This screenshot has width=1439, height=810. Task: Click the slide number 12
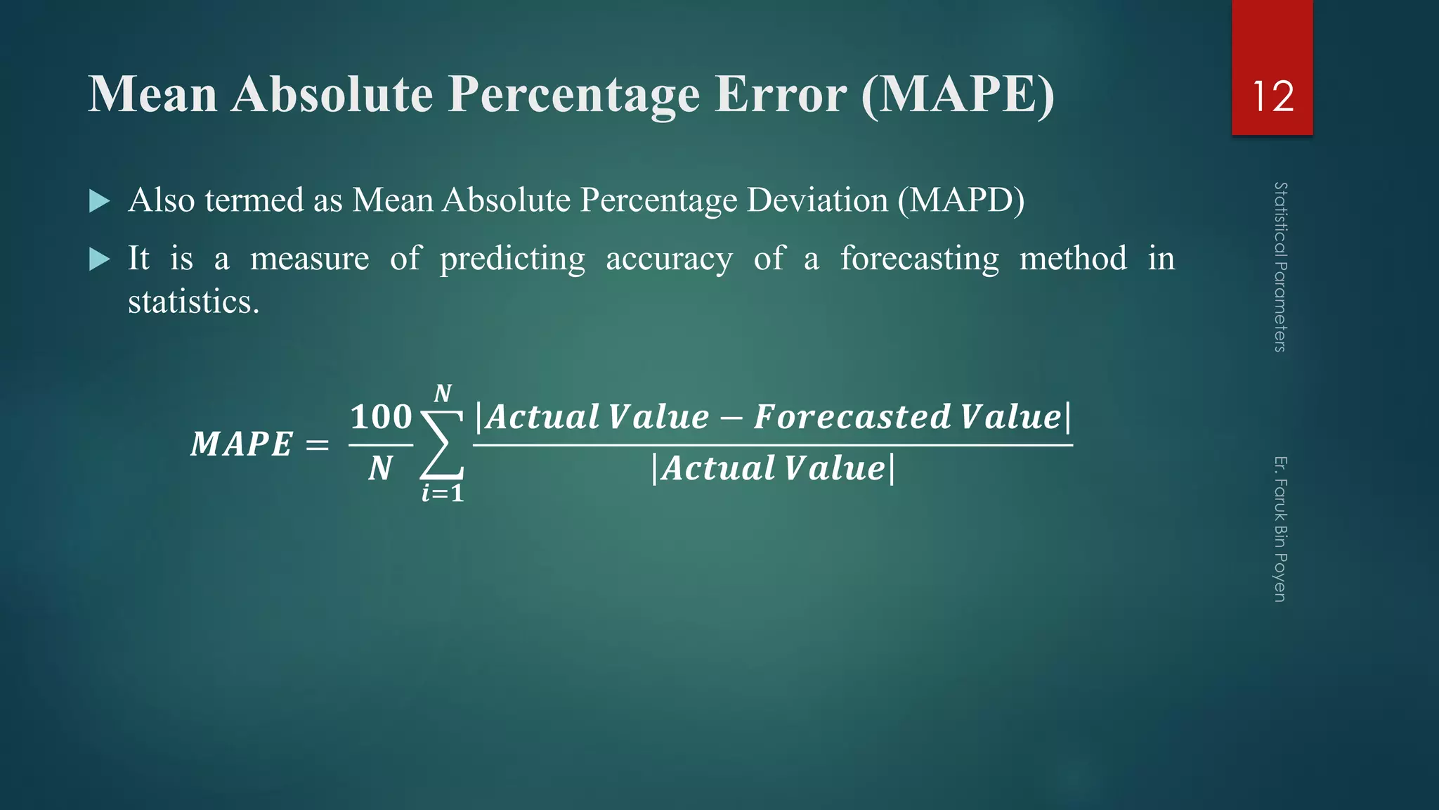(x=1272, y=96)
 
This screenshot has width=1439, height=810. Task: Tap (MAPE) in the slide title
(x=958, y=95)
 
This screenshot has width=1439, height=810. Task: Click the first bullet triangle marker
(x=100, y=202)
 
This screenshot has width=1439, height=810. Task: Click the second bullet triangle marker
(x=100, y=260)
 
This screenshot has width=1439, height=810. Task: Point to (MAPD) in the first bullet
(x=961, y=200)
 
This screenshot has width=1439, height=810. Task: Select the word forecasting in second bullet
(x=919, y=259)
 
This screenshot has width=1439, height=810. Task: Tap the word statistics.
(x=193, y=302)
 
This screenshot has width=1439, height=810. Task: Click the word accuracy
(x=669, y=259)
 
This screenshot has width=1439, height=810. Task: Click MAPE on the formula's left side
(x=242, y=444)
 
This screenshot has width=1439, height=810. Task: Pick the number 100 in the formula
(x=381, y=417)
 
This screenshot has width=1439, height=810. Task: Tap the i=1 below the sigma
(x=443, y=493)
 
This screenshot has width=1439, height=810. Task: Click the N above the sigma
(x=443, y=393)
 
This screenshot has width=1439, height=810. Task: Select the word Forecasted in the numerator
(x=852, y=416)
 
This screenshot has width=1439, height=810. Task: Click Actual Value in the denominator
(x=773, y=468)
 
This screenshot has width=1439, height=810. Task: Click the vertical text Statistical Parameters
(x=1280, y=267)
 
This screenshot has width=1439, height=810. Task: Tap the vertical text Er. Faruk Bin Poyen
(x=1280, y=529)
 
